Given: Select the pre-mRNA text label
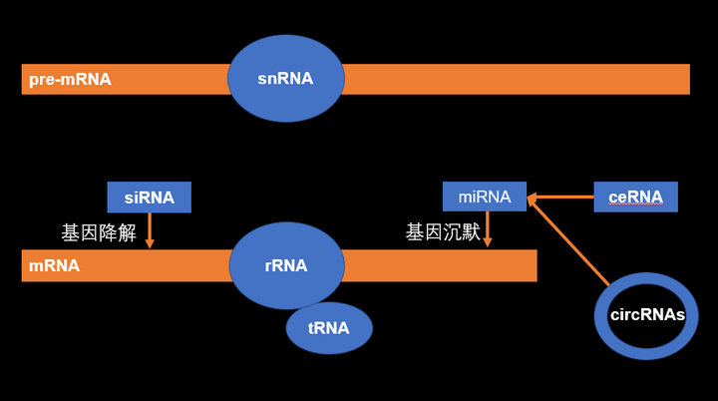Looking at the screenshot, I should click(x=70, y=79).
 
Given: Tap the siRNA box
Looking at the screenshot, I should click(x=149, y=197).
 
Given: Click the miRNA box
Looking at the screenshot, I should click(x=485, y=197).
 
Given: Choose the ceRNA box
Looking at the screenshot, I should click(x=635, y=197).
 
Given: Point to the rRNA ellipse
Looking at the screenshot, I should click(x=286, y=247).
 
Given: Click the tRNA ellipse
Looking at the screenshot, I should click(x=329, y=328).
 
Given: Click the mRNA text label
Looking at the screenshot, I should click(x=55, y=265).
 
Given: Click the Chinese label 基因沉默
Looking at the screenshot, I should click(x=443, y=232).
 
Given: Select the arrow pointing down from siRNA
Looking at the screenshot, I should click(x=149, y=229).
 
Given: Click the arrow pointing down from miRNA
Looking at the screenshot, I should click(x=486, y=229).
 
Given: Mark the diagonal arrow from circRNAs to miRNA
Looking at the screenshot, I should click(x=568, y=240).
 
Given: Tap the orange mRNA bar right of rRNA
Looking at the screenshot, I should click(x=439, y=265).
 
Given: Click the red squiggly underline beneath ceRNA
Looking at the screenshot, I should click(x=635, y=205).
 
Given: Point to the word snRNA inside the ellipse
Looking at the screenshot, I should click(x=285, y=79).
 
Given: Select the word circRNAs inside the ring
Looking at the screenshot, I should click(x=647, y=314).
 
